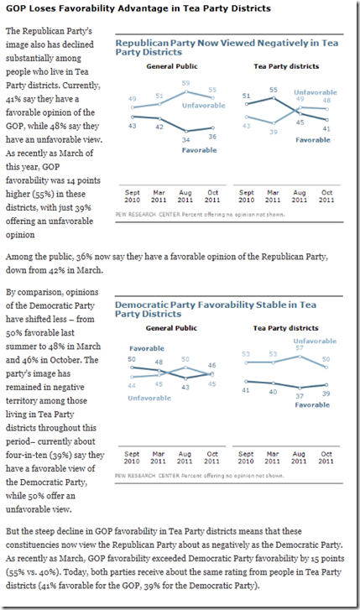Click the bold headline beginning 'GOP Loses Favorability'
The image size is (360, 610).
click(x=138, y=8)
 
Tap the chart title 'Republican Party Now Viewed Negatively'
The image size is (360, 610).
click(x=227, y=48)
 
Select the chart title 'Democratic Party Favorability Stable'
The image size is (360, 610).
click(x=215, y=310)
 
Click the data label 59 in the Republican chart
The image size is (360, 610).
click(x=185, y=83)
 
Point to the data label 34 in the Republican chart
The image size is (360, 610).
click(x=185, y=139)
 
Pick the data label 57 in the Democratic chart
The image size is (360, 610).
click(x=300, y=348)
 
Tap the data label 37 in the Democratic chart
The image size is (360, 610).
click(x=300, y=396)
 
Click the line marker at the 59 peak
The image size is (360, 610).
click(x=186, y=91)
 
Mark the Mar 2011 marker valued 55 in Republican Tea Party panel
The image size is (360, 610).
click(x=274, y=97)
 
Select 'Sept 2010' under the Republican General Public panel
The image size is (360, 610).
click(x=133, y=196)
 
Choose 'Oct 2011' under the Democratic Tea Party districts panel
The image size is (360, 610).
click(x=326, y=457)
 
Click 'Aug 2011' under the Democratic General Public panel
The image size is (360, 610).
click(x=185, y=457)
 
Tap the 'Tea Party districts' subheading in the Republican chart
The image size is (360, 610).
click(x=286, y=66)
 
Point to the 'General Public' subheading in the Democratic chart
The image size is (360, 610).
click(x=172, y=328)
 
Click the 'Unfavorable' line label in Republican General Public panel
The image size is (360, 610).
click(x=204, y=106)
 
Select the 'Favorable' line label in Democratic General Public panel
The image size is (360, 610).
click(x=147, y=348)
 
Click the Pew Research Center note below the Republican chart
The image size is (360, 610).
click(x=200, y=214)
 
